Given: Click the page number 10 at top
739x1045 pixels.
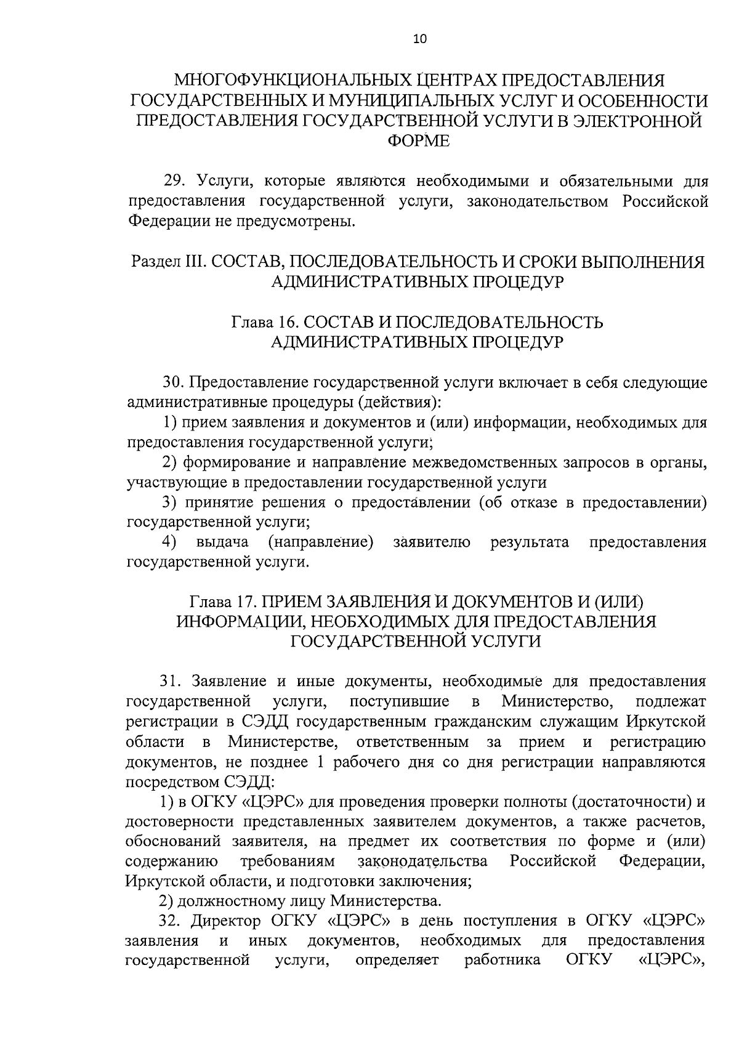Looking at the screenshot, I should click(419, 39).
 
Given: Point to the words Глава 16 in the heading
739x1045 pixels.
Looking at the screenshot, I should click(264, 322).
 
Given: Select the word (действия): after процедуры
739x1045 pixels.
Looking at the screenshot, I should click(407, 403).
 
